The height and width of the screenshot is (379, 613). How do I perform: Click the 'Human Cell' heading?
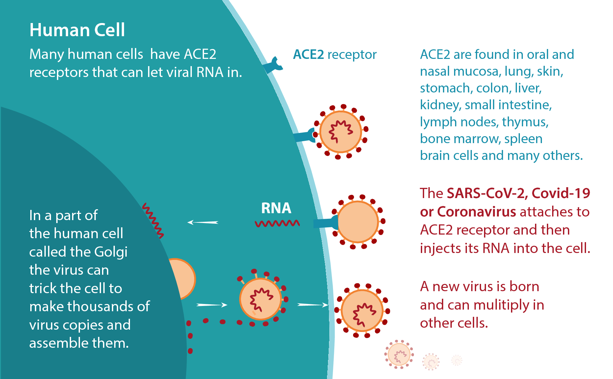[77, 30]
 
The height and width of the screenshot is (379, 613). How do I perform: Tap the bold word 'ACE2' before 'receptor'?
[308, 55]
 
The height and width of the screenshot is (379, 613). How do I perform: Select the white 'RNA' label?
[276, 208]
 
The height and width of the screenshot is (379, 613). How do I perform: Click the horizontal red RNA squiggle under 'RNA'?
[277, 224]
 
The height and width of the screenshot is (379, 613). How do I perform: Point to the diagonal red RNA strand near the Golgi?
[153, 221]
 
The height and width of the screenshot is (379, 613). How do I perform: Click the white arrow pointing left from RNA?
[203, 222]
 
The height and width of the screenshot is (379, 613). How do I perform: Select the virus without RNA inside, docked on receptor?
[358, 222]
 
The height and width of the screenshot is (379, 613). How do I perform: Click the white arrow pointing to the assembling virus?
[212, 305]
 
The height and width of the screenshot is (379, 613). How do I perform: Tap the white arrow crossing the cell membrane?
[313, 305]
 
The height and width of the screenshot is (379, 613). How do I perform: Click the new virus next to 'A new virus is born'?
[362, 311]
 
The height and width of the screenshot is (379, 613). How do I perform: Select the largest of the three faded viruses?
[399, 355]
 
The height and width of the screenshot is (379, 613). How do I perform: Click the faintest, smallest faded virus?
[457, 360]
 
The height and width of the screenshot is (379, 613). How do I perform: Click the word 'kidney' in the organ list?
[441, 105]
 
